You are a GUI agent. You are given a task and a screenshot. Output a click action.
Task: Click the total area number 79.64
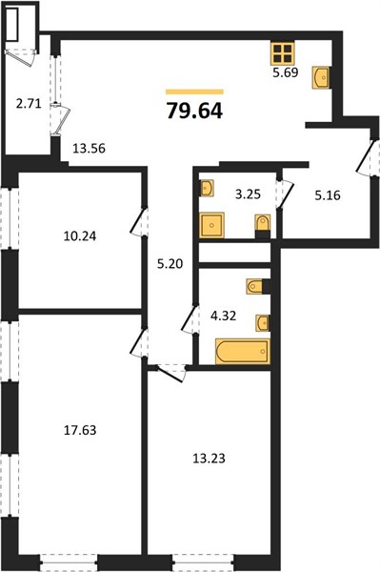tap(194, 111)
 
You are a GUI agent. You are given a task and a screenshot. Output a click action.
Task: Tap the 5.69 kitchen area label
tap(286, 72)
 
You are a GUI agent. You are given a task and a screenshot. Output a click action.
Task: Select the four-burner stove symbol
tap(282, 53)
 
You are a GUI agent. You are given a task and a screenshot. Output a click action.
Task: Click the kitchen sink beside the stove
tap(321, 77)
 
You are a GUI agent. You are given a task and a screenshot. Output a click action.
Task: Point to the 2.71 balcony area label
tap(29, 104)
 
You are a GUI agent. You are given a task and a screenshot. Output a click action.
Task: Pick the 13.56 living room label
tap(89, 149)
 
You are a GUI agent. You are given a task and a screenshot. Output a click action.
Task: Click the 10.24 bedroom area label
tap(80, 236)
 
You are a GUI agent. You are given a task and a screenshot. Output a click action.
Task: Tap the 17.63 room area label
tap(80, 430)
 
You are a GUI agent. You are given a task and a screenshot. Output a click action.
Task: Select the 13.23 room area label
tap(209, 459)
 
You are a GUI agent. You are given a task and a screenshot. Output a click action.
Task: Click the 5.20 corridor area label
tap(170, 263)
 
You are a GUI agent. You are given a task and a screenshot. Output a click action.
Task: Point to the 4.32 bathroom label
tap(224, 316)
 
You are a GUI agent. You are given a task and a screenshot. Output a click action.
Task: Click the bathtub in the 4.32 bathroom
tap(243, 351)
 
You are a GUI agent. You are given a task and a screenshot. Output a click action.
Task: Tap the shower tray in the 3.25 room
tap(211, 225)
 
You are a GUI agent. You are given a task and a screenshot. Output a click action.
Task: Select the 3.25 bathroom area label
tap(248, 194)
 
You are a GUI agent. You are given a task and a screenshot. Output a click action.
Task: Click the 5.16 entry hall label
tap(328, 195)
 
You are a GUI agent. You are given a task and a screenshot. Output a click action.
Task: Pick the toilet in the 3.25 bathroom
tap(263, 226)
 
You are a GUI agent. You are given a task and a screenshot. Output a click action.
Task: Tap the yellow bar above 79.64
tap(194, 92)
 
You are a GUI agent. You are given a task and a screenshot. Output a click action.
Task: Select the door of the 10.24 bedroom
tap(138, 222)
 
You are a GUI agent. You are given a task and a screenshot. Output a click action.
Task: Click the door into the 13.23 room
tap(170, 373)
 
